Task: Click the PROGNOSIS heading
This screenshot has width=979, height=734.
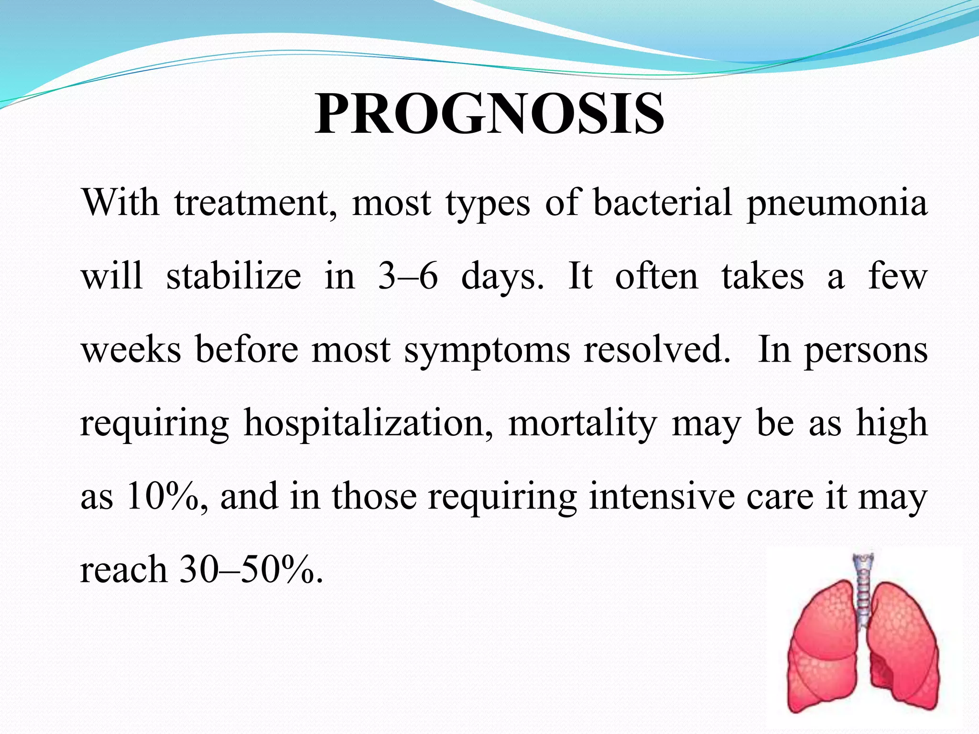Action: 489,115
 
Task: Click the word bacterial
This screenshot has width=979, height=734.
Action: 662,203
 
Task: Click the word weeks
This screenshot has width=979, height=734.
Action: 131,350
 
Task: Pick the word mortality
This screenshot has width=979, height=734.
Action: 583,424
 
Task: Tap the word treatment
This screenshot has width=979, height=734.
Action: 256,204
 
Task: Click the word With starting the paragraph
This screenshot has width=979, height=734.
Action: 120,203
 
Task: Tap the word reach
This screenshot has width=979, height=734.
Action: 123,571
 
